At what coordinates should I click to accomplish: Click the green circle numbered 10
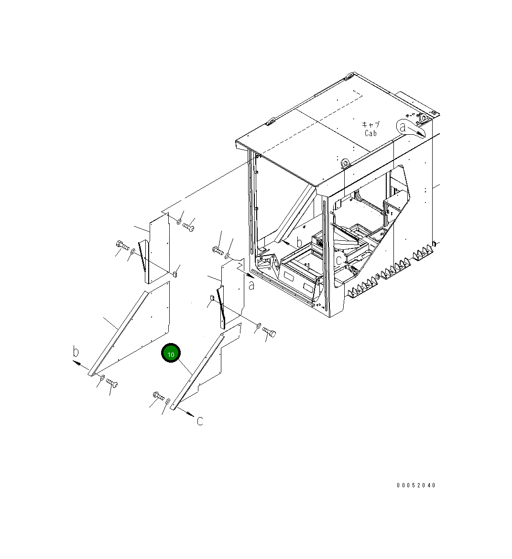171,353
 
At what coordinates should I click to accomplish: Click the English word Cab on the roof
370,133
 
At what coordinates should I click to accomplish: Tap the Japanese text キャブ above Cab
370,124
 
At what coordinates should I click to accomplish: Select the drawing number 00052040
416,485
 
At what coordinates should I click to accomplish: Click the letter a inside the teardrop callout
403,127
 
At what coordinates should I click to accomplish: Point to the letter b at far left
76,352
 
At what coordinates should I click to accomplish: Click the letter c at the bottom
200,421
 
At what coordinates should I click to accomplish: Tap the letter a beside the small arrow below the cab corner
251,285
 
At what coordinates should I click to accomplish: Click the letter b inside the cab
299,242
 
